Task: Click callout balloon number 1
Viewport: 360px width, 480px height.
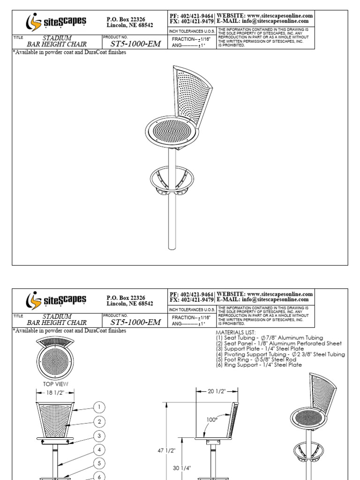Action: [99, 407]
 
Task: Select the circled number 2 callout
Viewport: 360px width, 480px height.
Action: [99, 421]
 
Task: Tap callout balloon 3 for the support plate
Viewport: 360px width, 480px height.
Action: [99, 436]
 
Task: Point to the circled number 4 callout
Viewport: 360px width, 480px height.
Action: [99, 450]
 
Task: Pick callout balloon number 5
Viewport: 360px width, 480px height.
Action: [99, 464]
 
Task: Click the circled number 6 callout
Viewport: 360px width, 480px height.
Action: [99, 476]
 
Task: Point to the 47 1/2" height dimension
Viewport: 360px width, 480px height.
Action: [166, 450]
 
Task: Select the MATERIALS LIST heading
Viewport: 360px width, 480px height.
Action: [236, 332]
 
